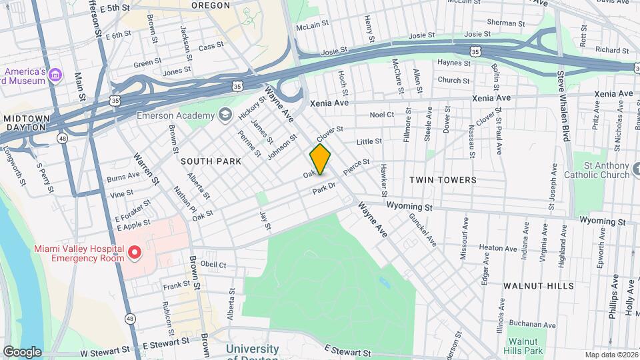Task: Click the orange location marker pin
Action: pyautogui.click(x=320, y=159)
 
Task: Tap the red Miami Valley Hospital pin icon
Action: pyautogui.click(x=134, y=253)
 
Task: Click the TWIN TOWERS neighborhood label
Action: pyautogui.click(x=443, y=180)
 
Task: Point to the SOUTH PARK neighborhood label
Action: pyautogui.click(x=206, y=161)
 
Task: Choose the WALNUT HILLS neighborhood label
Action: pyautogui.click(x=538, y=286)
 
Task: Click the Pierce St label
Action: pyautogui.click(x=356, y=167)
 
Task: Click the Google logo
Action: pyautogui.click(x=22, y=352)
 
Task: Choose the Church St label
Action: pyautogui.click(x=453, y=81)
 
